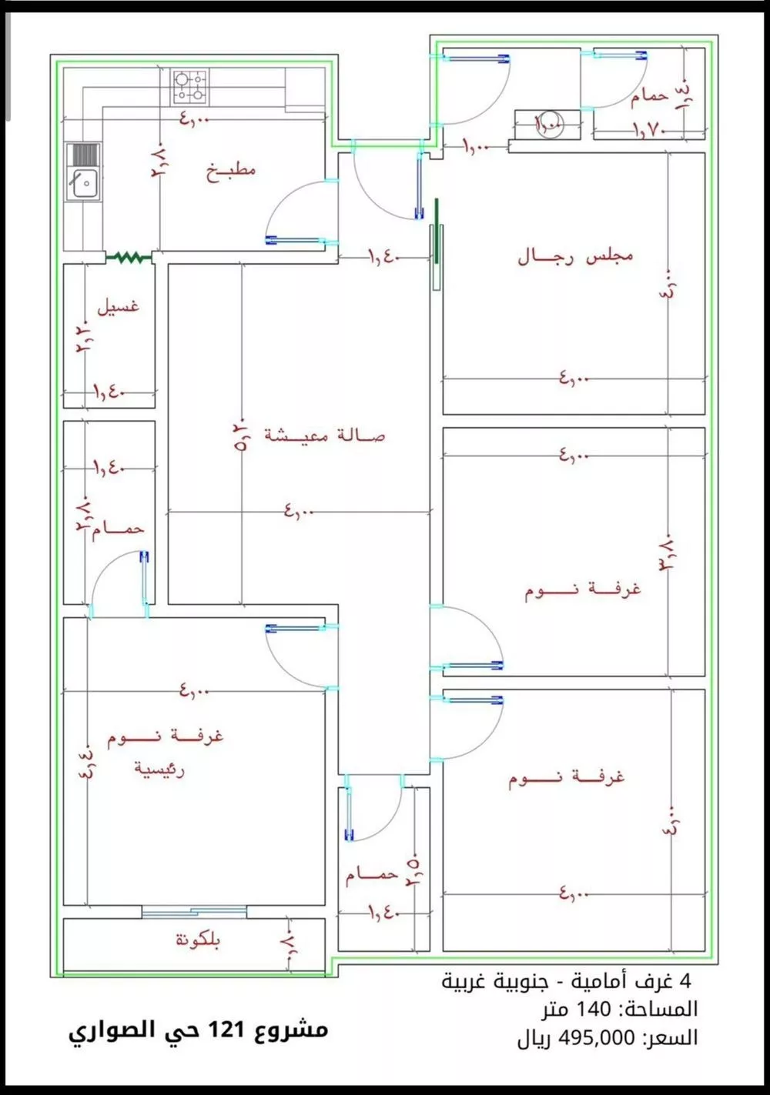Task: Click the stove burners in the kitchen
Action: click(190, 86)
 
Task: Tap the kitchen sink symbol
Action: click(82, 174)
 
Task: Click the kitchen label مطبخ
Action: click(231, 170)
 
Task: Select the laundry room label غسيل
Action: click(118, 305)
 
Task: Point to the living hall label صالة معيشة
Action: click(324, 436)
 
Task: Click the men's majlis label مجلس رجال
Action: click(575, 255)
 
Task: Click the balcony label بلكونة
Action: click(198, 940)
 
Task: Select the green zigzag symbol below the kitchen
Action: click(129, 258)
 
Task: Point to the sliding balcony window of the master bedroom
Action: click(194, 912)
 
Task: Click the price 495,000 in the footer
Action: click(597, 1037)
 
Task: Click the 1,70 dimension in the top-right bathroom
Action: click(648, 129)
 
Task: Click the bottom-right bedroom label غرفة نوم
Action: click(566, 778)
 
